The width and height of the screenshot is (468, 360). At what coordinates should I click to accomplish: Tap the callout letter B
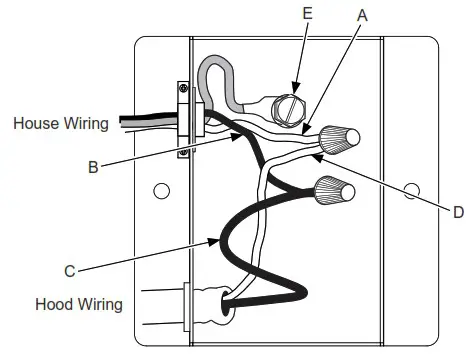pos(92,167)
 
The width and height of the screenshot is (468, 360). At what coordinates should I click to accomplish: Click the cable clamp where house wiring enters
pos(185,121)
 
